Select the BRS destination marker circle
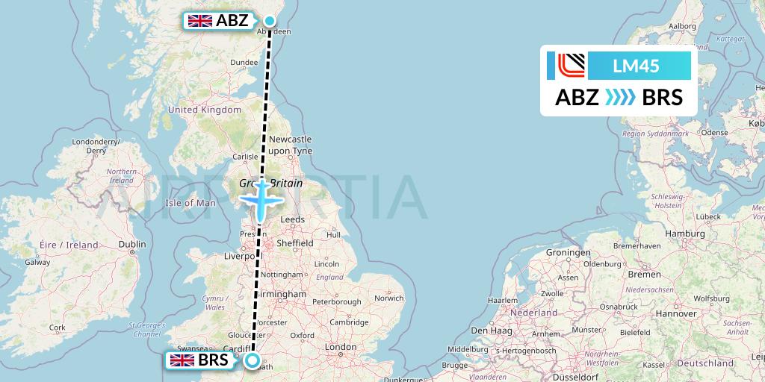click(x=253, y=361)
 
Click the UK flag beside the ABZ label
click(x=199, y=21)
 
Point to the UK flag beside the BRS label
click(x=182, y=361)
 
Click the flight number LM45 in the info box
click(x=635, y=66)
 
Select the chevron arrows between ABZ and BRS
click(x=620, y=97)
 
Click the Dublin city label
click(x=132, y=243)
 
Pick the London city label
click(x=341, y=347)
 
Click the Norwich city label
click(x=389, y=298)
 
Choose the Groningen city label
click(x=568, y=252)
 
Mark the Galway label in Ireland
click(x=37, y=262)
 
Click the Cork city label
click(x=57, y=327)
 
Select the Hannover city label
click(x=676, y=313)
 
